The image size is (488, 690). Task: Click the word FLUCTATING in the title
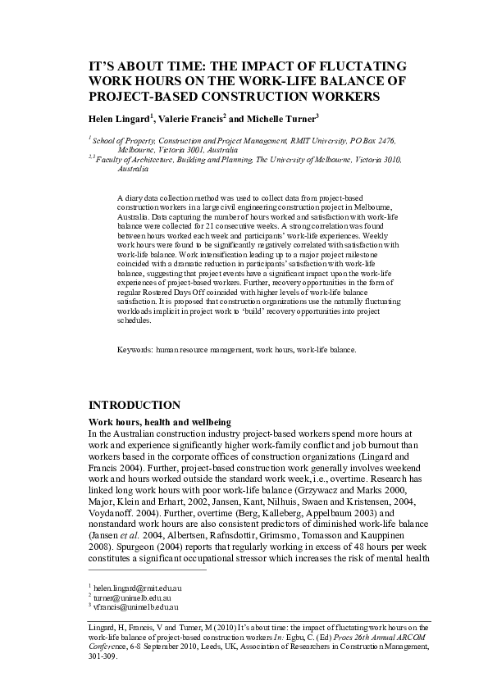pyautogui.click(x=353, y=66)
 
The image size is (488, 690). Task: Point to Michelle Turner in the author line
pyautogui.click(x=283, y=117)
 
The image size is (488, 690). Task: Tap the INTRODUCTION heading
pyautogui.click(x=134, y=406)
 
